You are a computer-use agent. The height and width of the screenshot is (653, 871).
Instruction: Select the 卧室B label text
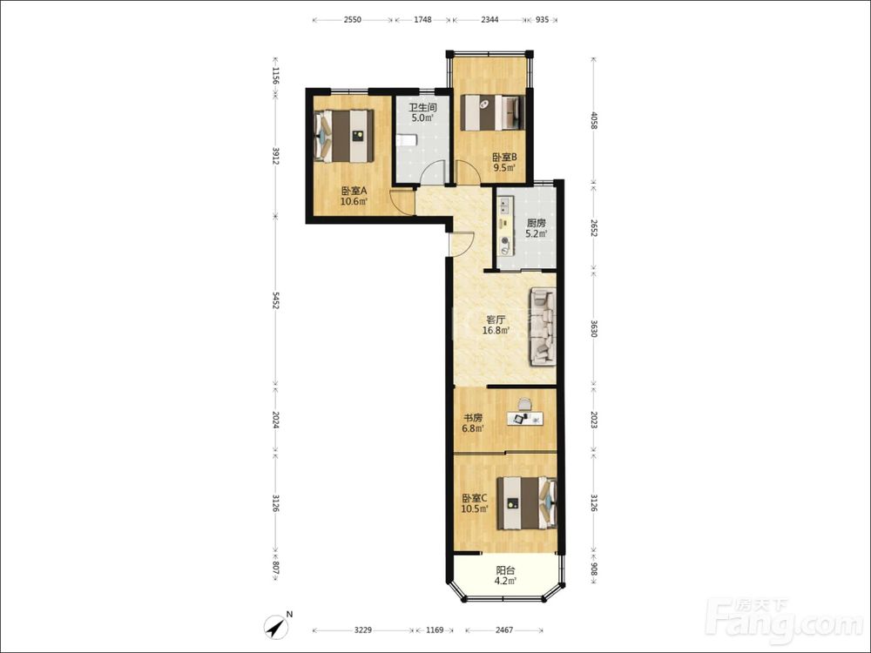(504, 157)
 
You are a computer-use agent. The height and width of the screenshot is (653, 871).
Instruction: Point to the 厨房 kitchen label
(536, 223)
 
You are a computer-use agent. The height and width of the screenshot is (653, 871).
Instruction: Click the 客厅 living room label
(496, 320)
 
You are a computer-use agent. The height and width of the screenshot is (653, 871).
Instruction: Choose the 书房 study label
(473, 418)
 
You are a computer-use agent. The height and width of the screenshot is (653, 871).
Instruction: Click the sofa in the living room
(543, 326)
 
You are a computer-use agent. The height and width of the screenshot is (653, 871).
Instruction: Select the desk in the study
(525, 419)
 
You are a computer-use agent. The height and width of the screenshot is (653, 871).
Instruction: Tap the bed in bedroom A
(343, 136)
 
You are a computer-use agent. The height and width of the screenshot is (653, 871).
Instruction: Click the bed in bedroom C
(527, 503)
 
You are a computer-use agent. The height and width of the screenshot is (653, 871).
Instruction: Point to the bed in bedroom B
(493, 113)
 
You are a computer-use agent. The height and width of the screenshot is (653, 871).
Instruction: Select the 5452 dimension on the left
(275, 300)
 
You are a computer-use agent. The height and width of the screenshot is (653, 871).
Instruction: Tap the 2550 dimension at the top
(352, 20)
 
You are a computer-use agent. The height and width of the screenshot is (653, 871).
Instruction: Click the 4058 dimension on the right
(593, 120)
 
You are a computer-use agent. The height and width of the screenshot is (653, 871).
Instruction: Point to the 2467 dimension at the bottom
(503, 630)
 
